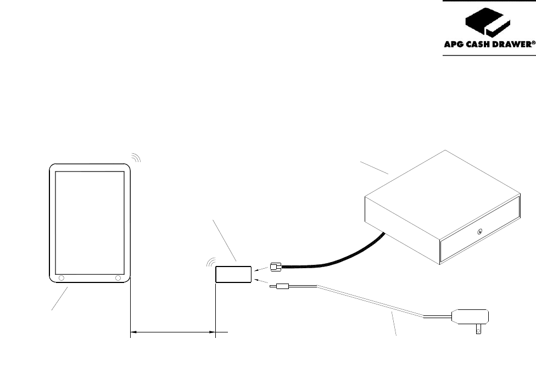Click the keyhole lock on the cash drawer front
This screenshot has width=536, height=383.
tap(479, 232)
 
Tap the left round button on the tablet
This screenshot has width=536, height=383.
tap(61, 278)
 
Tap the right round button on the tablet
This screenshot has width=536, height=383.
tap(118, 278)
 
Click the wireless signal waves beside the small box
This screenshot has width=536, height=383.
tap(210, 263)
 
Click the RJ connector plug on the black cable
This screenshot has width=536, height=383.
tap(276, 267)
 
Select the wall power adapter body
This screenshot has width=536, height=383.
tap(470, 316)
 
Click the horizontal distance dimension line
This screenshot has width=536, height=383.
tap(173, 332)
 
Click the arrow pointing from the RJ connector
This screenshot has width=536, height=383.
tap(260, 269)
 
